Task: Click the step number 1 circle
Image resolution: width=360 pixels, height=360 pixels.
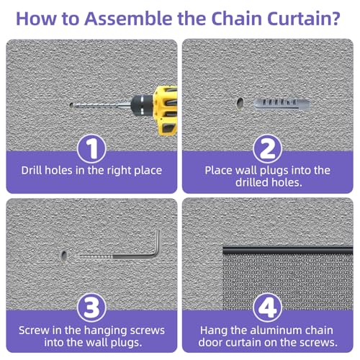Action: (91, 149)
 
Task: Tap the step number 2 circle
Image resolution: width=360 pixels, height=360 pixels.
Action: (267, 149)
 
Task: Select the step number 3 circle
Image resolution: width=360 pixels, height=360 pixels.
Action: (91, 307)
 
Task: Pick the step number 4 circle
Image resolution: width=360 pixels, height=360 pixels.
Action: (267, 307)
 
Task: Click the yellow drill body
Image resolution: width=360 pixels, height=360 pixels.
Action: (166, 111)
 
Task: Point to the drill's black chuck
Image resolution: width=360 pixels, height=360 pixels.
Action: (142, 105)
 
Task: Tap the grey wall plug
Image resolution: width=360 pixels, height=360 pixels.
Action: (282, 104)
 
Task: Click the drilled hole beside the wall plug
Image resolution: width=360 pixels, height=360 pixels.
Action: (240, 104)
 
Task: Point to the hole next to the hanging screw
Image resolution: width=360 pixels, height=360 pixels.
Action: (64, 256)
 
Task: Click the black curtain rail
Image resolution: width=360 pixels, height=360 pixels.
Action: (288, 251)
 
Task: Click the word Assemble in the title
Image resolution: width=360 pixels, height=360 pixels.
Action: (128, 19)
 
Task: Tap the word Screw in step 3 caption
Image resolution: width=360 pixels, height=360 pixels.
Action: (34, 330)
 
